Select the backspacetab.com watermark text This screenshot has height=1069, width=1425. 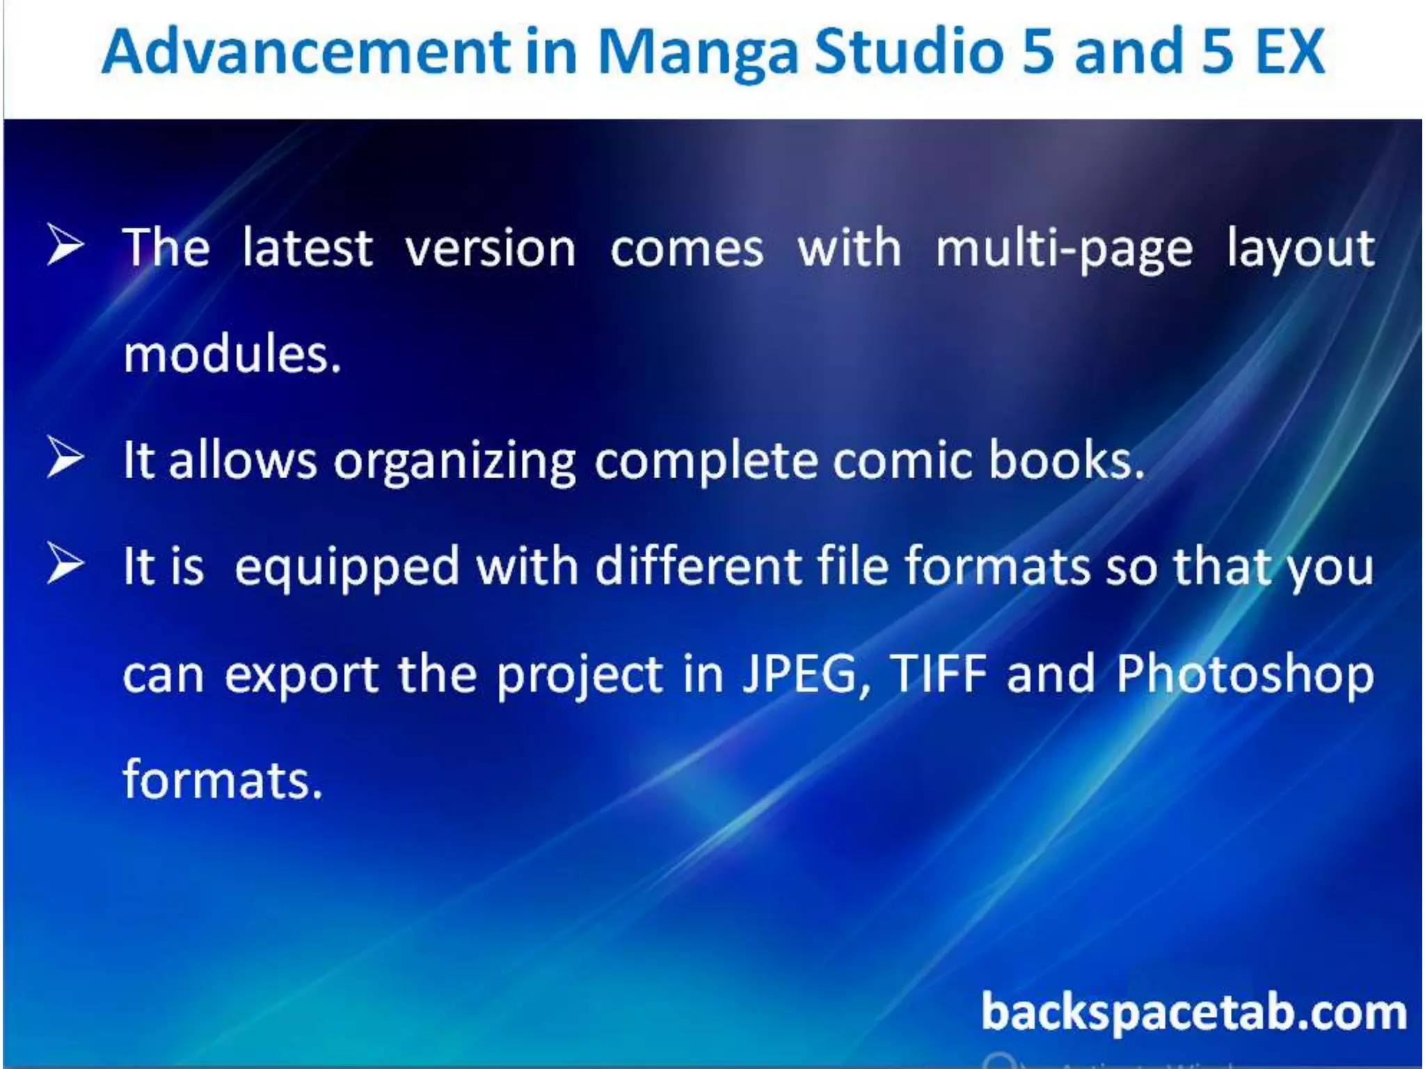1193,1013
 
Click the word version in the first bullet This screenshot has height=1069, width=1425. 491,248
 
